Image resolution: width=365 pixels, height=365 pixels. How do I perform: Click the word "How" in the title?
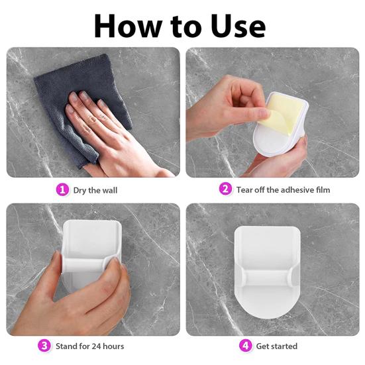point(128,26)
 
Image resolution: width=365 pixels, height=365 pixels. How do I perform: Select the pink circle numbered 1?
point(62,189)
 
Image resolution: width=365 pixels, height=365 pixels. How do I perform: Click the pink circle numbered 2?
point(226,189)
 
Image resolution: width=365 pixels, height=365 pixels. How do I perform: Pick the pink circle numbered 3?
point(44,345)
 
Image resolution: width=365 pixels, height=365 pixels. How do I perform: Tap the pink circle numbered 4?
point(246,345)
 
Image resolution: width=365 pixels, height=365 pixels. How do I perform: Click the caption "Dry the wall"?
point(95,190)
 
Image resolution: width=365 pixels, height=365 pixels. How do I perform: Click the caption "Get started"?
point(276,346)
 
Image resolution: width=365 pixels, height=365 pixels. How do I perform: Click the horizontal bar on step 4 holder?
point(267,278)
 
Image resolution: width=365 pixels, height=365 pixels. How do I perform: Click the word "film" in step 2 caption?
point(323,189)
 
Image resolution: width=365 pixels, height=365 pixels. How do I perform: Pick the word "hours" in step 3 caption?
point(113,346)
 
